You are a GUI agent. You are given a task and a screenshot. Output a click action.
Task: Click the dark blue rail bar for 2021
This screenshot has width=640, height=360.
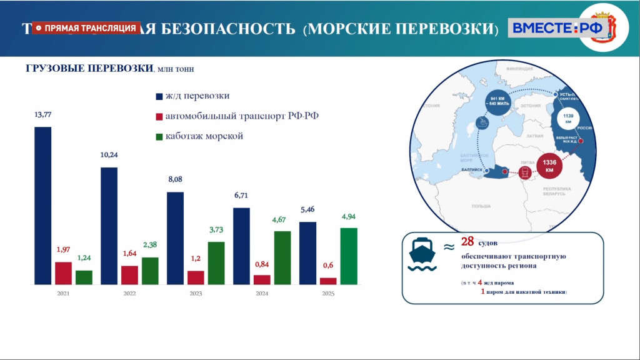pyautogui.click(x=42, y=206)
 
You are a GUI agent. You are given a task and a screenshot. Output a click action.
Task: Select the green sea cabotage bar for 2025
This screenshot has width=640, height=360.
pyautogui.click(x=349, y=256)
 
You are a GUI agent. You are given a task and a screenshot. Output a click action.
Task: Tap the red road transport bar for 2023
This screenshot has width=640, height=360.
pyautogui.click(x=196, y=277)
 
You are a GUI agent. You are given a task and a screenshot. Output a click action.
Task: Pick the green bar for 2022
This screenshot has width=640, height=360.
pyautogui.click(x=150, y=271)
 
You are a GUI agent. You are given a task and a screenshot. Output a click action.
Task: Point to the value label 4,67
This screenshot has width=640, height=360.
pyautogui.click(x=282, y=219)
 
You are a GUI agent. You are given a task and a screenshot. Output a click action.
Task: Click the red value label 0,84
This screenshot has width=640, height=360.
pyautogui.click(x=262, y=264)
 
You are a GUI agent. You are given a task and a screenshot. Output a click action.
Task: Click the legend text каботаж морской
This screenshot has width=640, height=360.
pyautogui.click(x=204, y=136)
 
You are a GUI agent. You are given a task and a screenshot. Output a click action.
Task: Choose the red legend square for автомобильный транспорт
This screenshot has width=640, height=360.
pyautogui.click(x=159, y=116)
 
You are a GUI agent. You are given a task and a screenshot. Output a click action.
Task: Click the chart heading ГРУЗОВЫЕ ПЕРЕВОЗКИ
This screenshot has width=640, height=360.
pyautogui.click(x=89, y=69)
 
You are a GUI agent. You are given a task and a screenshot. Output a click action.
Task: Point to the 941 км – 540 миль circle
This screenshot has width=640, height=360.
pyautogui.click(x=501, y=102)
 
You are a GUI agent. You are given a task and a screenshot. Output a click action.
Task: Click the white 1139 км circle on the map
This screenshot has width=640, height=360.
pyautogui.click(x=569, y=119)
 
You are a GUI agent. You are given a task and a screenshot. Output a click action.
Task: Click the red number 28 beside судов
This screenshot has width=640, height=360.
pyautogui.click(x=468, y=242)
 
